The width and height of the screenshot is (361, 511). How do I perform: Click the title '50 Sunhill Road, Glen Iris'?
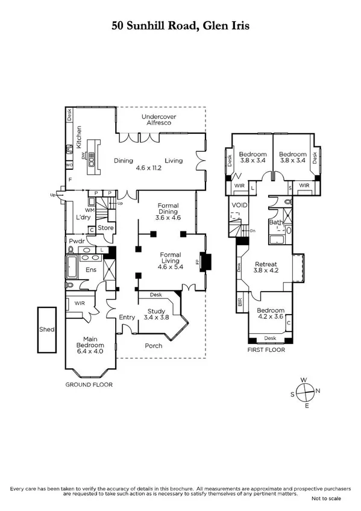pos(180,26)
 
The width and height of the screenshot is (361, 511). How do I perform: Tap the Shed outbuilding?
pos(47,330)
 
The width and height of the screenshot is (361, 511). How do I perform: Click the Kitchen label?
pos(78,141)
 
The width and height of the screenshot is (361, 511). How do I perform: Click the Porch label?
pos(154,346)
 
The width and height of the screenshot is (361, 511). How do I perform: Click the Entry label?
pos(127,317)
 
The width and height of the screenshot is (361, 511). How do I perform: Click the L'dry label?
pos(82,216)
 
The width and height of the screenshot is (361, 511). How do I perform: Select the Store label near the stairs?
pos(106,228)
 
